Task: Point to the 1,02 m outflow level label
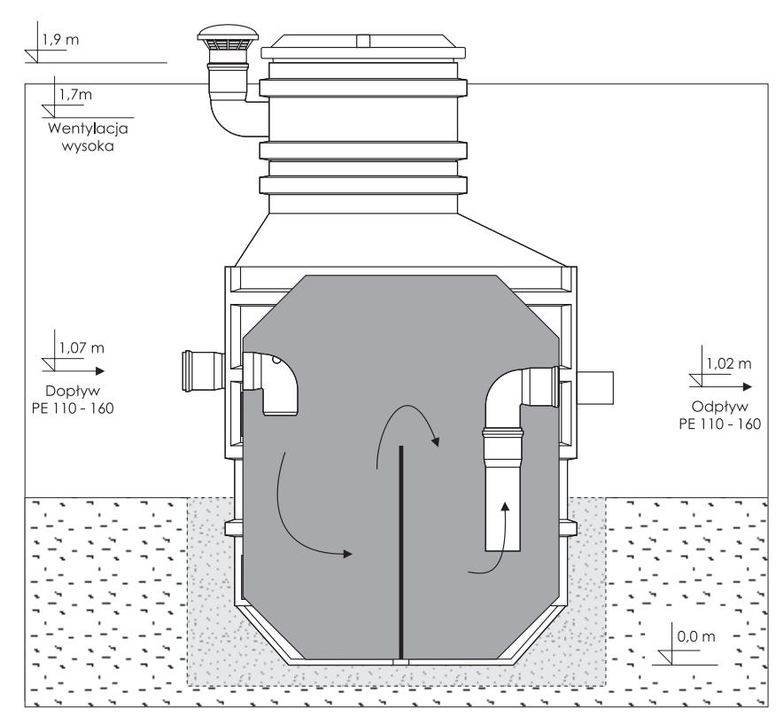pos(727,363)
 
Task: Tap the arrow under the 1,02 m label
pos(726,387)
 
